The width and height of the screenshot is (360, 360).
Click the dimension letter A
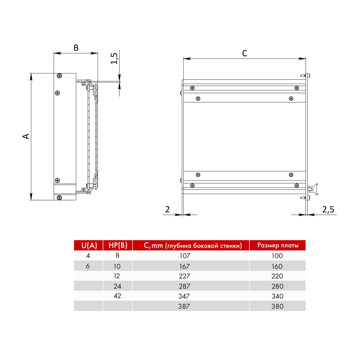point(26,136)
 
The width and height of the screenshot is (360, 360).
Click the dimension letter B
point(76,48)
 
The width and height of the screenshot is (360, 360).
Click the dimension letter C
point(244,53)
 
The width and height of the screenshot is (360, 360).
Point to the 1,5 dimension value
point(114,58)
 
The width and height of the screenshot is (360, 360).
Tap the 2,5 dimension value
point(328,210)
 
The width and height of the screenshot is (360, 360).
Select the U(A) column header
point(89,245)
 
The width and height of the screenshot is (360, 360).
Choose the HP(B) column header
point(118,245)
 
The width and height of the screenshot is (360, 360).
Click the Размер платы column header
point(278,245)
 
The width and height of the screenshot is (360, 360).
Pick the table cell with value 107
point(185,256)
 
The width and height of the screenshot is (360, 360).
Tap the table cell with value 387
point(184,306)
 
